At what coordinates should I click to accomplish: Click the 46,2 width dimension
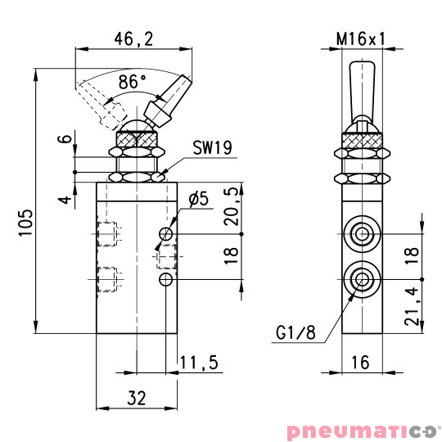click(x=133, y=38)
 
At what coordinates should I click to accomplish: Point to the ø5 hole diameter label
click(x=199, y=198)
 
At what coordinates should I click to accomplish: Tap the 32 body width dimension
click(x=138, y=398)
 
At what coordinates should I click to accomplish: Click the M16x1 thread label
click(x=361, y=38)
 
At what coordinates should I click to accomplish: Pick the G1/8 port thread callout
click(x=292, y=333)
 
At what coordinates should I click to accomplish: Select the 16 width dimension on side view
click(x=361, y=362)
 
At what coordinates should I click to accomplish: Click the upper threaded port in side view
click(x=361, y=233)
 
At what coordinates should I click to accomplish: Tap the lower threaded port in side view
click(x=361, y=279)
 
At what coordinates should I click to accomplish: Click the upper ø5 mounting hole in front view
click(x=167, y=234)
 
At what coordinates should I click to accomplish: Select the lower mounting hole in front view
click(x=167, y=280)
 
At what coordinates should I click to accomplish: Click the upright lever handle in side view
click(x=361, y=90)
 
